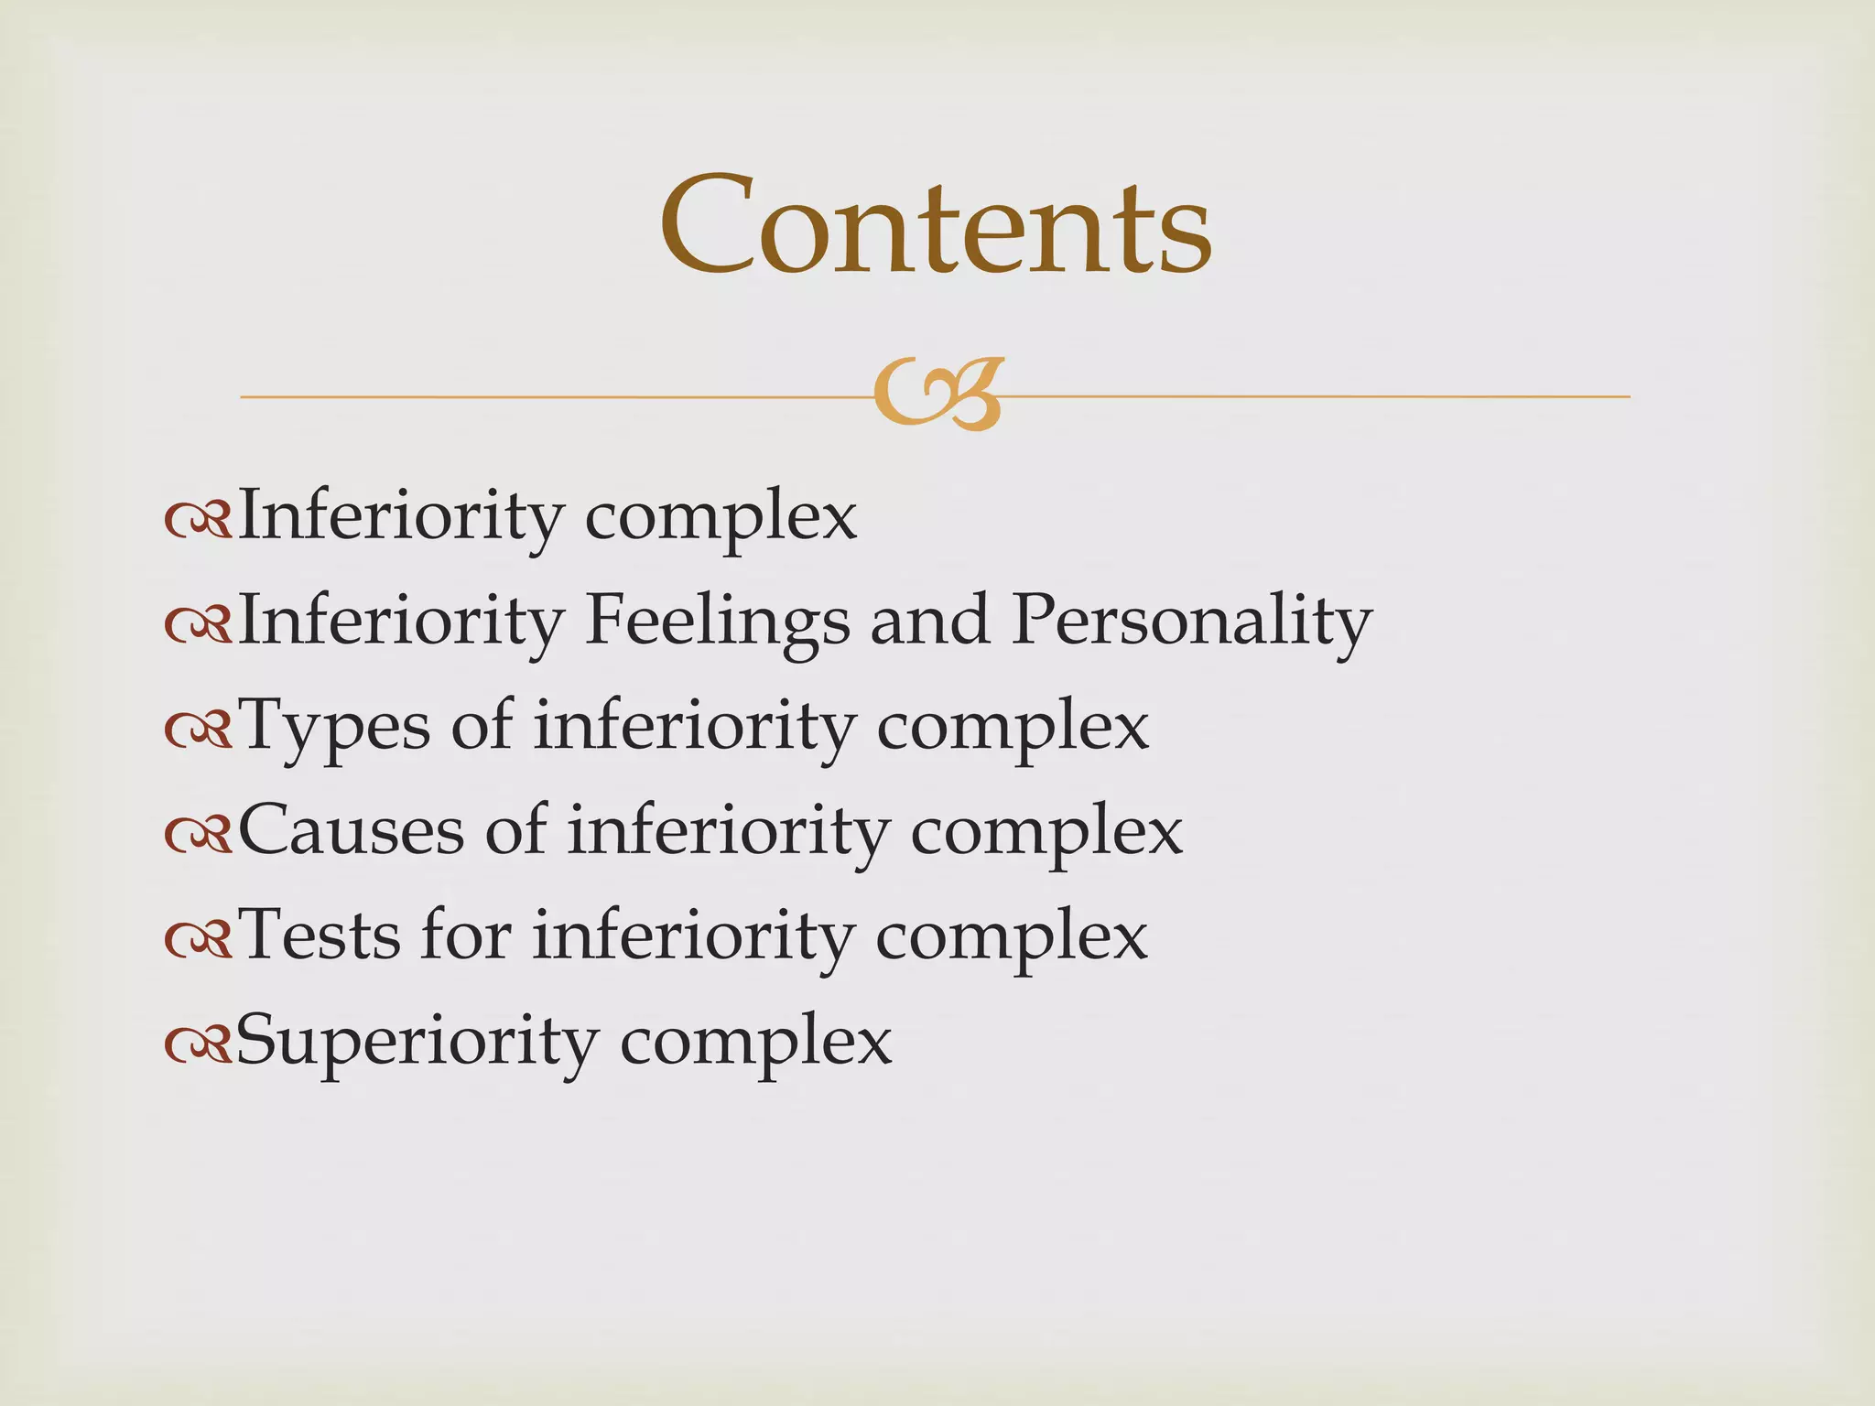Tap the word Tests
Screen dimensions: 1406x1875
coord(320,936)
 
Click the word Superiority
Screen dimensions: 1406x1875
coord(417,1042)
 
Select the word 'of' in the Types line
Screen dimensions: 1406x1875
coord(482,726)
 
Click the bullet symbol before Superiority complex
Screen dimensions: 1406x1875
coord(197,1044)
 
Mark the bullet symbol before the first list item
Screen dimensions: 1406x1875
coord(197,521)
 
